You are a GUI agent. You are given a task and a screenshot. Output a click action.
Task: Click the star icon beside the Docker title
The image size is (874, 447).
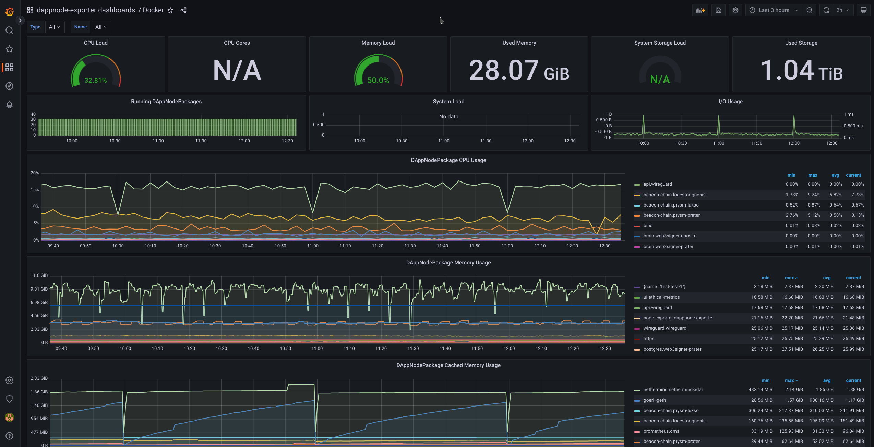click(x=170, y=10)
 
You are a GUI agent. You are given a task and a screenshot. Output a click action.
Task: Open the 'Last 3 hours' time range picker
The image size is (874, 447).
click(x=774, y=10)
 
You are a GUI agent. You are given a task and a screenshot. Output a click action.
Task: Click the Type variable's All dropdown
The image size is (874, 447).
click(x=55, y=27)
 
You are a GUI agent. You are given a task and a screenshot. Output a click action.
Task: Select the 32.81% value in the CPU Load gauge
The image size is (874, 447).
click(x=96, y=80)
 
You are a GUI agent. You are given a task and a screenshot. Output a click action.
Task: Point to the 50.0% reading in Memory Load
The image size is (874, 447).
click(x=378, y=80)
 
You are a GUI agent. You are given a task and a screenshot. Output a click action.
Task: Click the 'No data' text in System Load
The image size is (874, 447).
click(x=448, y=117)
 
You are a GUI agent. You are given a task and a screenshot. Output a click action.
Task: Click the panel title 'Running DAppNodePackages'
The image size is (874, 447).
click(x=166, y=102)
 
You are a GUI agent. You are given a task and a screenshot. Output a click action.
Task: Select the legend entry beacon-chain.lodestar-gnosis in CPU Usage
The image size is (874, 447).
click(x=674, y=195)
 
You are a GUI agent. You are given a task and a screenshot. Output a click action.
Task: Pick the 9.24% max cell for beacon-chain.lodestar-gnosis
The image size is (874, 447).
click(x=814, y=195)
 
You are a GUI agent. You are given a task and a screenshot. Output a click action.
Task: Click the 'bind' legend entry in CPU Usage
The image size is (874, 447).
click(x=648, y=226)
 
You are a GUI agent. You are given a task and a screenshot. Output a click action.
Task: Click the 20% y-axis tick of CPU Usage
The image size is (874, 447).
click(x=35, y=173)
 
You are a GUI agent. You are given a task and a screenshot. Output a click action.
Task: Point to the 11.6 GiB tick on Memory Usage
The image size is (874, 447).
click(x=39, y=275)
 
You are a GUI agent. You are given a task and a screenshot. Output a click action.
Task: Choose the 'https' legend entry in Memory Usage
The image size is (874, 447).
click(x=649, y=339)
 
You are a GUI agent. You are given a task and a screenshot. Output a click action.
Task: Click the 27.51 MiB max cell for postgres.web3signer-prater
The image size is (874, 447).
click(x=792, y=349)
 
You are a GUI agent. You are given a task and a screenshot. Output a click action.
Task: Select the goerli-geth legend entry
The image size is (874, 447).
click(x=655, y=400)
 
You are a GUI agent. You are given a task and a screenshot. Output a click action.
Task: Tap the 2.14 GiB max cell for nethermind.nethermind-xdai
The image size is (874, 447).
click(x=794, y=390)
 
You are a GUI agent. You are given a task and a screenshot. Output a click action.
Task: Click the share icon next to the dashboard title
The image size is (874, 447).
click(x=183, y=10)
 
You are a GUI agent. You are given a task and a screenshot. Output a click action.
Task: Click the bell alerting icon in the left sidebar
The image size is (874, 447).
click(x=10, y=105)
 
